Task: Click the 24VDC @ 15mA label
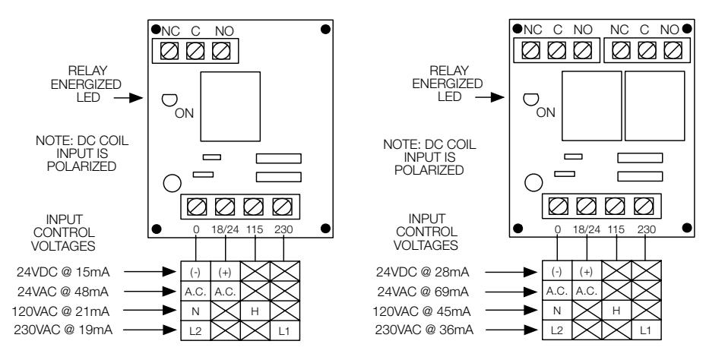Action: click(63, 272)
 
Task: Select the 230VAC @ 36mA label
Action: click(424, 330)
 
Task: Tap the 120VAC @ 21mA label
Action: click(61, 311)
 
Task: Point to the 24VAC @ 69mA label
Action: click(423, 292)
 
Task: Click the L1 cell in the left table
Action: click(284, 331)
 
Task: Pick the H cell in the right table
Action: click(616, 311)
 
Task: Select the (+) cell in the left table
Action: click(225, 273)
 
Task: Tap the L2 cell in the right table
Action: click(557, 330)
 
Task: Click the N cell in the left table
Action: click(195, 311)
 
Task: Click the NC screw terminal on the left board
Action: click(169, 50)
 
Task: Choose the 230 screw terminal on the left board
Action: click(282, 207)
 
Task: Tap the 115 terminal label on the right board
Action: click(616, 229)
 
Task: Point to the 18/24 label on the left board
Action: click(225, 229)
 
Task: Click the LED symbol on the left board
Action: click(169, 100)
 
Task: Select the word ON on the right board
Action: click(546, 113)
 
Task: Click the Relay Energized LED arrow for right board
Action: click(490, 96)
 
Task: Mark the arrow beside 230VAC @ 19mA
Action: click(150, 330)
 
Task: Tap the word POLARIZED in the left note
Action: click(81, 166)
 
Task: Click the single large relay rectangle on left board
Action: click(230, 106)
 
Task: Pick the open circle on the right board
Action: click(533, 183)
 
